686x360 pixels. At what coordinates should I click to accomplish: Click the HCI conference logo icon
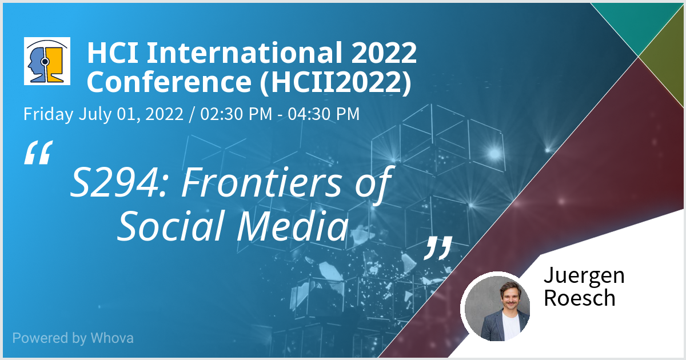(47, 61)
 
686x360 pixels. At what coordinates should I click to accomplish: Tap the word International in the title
(245, 53)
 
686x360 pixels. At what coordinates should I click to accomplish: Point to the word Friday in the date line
(49, 114)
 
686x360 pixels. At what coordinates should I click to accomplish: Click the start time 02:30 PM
(236, 114)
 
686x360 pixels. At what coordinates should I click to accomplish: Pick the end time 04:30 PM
(324, 114)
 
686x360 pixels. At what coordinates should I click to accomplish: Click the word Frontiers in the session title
(261, 182)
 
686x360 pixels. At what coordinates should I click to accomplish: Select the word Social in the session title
(174, 226)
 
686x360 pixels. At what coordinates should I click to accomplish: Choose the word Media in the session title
(293, 226)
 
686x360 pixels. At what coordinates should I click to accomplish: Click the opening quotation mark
(38, 153)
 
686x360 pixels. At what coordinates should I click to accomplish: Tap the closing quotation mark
(438, 248)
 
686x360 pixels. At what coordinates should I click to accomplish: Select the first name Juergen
(584, 276)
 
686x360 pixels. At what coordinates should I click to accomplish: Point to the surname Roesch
(580, 298)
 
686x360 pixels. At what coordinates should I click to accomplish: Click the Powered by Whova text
(73, 338)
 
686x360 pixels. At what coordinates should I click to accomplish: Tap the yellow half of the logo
(55, 65)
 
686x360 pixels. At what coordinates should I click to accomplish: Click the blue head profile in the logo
(37, 64)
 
